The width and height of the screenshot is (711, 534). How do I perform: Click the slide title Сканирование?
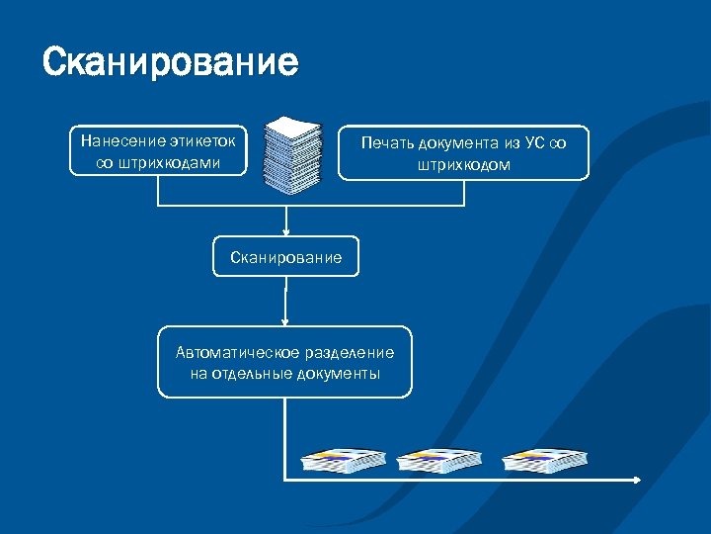(x=170, y=62)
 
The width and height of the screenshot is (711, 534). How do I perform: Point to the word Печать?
(x=390, y=143)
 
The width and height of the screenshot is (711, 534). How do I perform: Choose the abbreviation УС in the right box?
(x=535, y=143)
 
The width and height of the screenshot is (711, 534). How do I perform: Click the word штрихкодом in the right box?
(x=463, y=165)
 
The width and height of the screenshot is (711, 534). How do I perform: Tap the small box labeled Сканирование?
(x=286, y=257)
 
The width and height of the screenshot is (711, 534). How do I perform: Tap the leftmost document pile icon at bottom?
(x=344, y=459)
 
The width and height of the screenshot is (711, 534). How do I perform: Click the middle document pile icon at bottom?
(x=438, y=459)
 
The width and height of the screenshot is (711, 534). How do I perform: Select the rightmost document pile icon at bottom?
(x=544, y=459)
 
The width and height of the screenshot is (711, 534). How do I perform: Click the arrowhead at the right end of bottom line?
(x=637, y=481)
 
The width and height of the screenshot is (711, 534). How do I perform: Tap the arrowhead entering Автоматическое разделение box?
(x=285, y=320)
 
